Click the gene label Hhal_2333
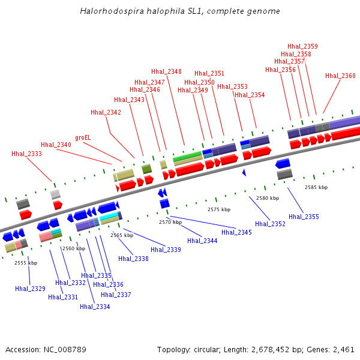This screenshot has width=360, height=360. [26, 154]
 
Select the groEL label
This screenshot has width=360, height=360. [83, 137]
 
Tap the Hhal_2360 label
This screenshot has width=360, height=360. [340, 76]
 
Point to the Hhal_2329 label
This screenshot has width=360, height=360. [30, 289]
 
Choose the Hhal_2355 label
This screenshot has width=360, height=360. [304, 217]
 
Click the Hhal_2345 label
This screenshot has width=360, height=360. [236, 233]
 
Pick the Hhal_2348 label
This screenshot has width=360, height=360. [166, 72]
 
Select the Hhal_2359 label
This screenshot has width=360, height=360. [302, 47]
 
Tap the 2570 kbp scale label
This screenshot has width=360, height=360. [170, 223]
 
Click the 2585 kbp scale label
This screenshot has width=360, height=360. [316, 188]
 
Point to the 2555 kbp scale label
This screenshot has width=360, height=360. [26, 263]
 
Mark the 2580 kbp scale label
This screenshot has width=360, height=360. [268, 198]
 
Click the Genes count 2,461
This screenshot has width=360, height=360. [343, 349]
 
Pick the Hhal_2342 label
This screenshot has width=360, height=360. [106, 113]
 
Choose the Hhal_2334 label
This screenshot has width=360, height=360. [95, 307]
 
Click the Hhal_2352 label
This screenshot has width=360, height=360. [270, 224]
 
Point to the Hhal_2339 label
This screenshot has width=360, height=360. [166, 250]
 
